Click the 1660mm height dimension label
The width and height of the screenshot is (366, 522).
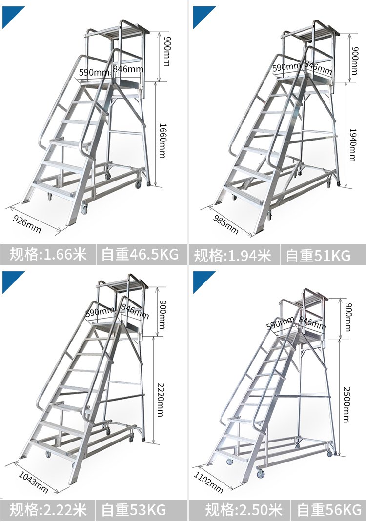[x=163, y=141]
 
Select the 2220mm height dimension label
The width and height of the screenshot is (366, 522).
[x=161, y=400]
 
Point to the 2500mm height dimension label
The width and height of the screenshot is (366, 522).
[x=346, y=404]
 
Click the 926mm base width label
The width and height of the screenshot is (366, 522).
[x=27, y=224]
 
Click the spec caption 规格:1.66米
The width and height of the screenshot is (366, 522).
[x=48, y=254]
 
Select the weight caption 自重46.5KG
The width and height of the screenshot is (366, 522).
[x=140, y=254]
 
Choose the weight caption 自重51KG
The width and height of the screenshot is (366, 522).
[x=318, y=256]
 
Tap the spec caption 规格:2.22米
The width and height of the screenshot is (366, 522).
[x=48, y=510]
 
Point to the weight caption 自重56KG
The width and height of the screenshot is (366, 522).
[x=329, y=510]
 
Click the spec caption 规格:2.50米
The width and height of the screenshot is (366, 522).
[x=244, y=510]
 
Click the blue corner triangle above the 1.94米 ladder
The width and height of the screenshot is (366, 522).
[x=202, y=15]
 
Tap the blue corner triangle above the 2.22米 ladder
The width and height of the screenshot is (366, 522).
[x=11, y=280]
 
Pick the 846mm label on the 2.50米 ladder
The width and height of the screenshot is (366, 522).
[x=312, y=322]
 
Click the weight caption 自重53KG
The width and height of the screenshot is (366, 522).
[x=134, y=510]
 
